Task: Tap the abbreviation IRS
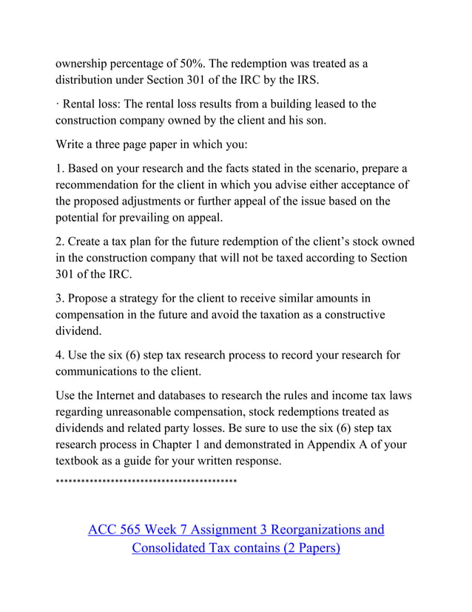point(332,80)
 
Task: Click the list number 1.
point(60,168)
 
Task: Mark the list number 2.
point(60,242)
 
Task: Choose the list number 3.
point(60,298)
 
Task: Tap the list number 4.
point(60,355)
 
